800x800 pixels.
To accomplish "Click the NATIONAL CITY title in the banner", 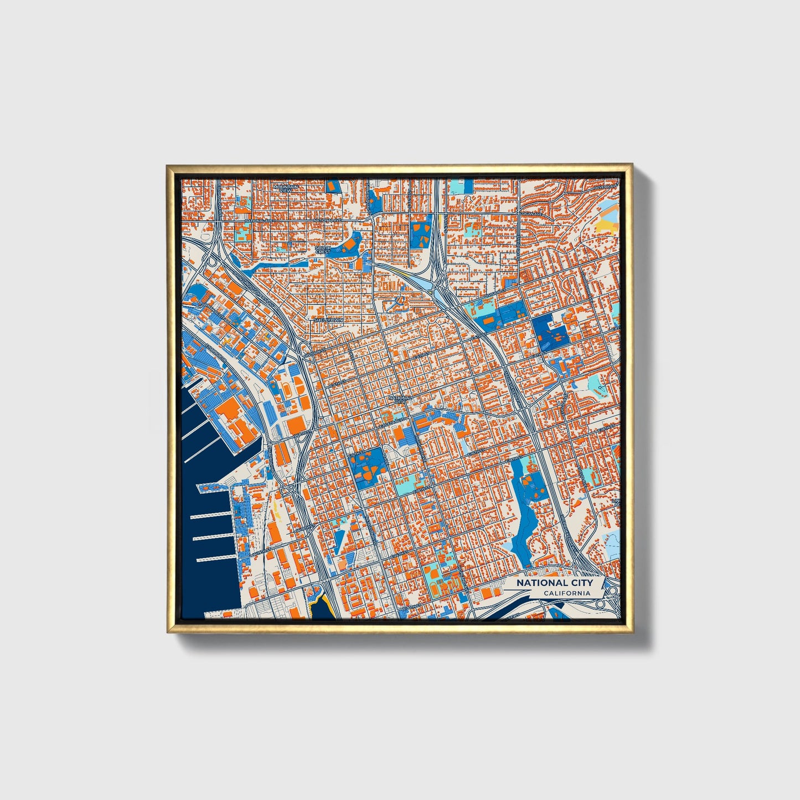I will (554, 582).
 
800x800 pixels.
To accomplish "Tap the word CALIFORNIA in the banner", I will (566, 593).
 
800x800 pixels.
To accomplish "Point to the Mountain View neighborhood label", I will (286, 188).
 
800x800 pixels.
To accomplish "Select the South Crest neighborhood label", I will (323, 250).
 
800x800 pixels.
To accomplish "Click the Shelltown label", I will (328, 320).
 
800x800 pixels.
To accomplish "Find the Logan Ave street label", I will (531, 214).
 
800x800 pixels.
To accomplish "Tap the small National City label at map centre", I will (400, 400).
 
